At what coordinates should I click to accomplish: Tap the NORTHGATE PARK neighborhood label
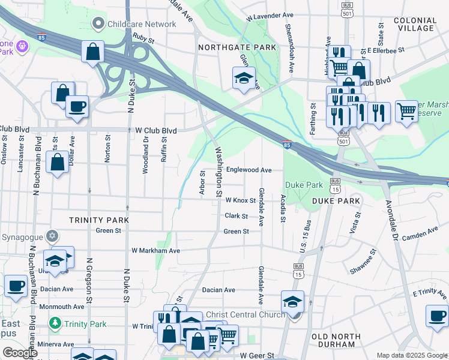[x=238, y=47]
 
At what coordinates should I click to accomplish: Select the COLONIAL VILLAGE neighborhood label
[x=415, y=24]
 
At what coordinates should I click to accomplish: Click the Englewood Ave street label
[x=249, y=170]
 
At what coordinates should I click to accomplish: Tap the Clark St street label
[x=237, y=215]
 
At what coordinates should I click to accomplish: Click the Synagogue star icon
[x=52, y=236]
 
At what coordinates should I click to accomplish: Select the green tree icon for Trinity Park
[x=55, y=324]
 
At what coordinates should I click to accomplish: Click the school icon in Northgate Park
[x=244, y=78]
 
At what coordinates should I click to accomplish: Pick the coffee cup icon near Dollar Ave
[x=77, y=107]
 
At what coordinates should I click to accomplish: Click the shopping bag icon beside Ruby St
[x=92, y=52]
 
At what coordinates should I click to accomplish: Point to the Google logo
[x=20, y=353]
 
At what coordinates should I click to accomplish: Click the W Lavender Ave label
[x=270, y=14]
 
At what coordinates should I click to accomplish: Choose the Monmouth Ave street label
[x=62, y=306]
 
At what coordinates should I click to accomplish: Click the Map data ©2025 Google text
[x=411, y=355]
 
